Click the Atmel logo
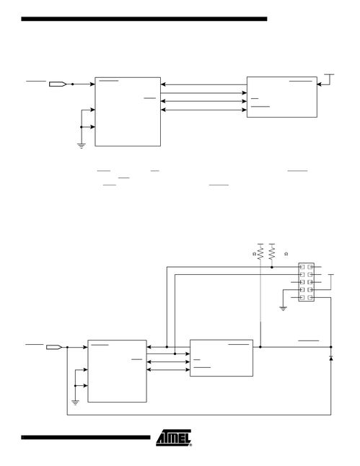pos(174,437)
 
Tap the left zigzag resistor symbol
pos(260,254)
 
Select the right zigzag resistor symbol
pos(272,254)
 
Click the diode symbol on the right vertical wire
pos(331,358)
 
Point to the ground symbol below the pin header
pos(284,309)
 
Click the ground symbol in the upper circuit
pos(81,146)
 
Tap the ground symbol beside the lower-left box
pos(76,403)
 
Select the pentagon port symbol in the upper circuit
pos(58,84)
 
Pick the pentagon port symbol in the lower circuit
pos(54,347)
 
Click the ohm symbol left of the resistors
pos(254,254)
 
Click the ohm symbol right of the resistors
pos(286,254)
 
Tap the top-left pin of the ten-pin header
pos(302,267)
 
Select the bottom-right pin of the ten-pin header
pos(310,297)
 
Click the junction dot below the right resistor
pos(272,267)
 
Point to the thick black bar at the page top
pos(144,19)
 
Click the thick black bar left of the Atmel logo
pos(86,437)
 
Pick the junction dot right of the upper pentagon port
pos(73,84)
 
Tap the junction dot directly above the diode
pos(331,347)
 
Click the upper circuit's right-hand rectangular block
pos(282,97)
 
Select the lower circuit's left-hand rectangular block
pos(117,372)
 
